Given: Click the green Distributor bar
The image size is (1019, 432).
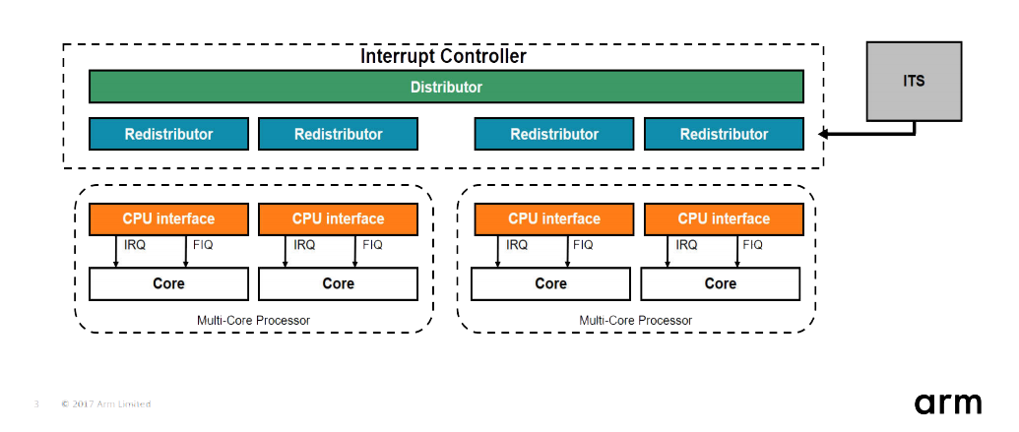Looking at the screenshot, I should point(446,87).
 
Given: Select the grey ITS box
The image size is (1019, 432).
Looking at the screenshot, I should point(914,82).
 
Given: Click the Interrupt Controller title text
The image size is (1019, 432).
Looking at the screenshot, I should point(443,56).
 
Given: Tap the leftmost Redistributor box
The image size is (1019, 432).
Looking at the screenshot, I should point(168,134).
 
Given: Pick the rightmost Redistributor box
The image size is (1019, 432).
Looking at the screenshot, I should point(724,134).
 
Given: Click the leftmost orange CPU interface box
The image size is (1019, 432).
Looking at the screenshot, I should point(168,218).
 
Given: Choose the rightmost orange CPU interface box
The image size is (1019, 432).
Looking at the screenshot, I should point(724,218).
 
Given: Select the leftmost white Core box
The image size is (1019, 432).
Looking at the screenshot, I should point(168,283).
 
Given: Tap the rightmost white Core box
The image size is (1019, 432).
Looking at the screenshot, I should point(720,283).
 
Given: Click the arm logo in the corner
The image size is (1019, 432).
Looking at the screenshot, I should point(948,402).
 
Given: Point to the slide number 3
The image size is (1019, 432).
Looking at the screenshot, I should point(36,403).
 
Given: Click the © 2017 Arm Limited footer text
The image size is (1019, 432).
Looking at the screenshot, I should point(105,403).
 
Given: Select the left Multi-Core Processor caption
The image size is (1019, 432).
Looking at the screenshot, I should point(254,320).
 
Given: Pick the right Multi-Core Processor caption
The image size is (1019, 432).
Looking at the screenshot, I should point(635,320).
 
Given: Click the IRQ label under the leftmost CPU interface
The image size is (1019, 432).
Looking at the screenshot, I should point(135,245).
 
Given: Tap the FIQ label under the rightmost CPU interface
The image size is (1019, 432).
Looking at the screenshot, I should point(753,245).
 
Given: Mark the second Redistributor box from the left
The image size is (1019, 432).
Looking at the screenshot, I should point(338,134).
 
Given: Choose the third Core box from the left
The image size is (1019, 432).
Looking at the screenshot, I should point(550,283).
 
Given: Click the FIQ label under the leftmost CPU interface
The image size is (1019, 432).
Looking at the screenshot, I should point(203,245).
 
